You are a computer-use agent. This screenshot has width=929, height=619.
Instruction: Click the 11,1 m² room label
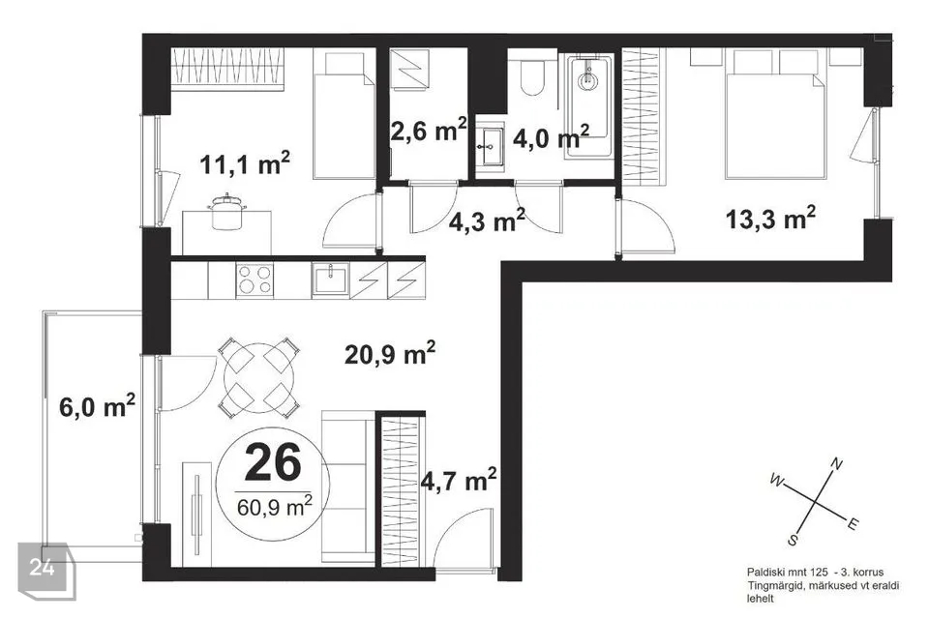(x=245, y=163)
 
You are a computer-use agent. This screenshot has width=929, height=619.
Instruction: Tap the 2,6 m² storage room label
(x=429, y=131)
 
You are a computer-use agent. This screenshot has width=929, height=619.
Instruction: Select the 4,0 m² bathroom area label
(x=551, y=137)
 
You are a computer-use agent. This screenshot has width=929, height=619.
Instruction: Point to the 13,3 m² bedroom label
(x=770, y=219)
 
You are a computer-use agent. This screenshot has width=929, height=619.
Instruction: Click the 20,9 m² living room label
(x=390, y=354)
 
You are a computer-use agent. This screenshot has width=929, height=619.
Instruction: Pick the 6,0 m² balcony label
(x=97, y=406)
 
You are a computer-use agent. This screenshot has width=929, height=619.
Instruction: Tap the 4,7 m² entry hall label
(x=458, y=481)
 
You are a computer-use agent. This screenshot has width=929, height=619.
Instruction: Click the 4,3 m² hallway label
(x=487, y=221)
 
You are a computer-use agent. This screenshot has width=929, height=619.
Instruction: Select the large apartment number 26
(x=273, y=462)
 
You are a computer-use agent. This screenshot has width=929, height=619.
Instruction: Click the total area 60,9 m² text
(x=274, y=507)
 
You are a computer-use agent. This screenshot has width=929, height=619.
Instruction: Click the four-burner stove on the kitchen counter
(x=255, y=280)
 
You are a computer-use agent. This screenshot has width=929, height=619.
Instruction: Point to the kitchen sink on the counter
(x=331, y=279)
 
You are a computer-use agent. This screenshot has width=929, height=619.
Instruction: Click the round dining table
(x=258, y=377)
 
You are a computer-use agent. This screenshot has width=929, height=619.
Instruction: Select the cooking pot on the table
(x=226, y=213)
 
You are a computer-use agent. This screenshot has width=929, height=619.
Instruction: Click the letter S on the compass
(x=793, y=540)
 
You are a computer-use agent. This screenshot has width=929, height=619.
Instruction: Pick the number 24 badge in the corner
(x=43, y=568)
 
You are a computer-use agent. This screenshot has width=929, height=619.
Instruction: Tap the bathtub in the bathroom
(x=588, y=106)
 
